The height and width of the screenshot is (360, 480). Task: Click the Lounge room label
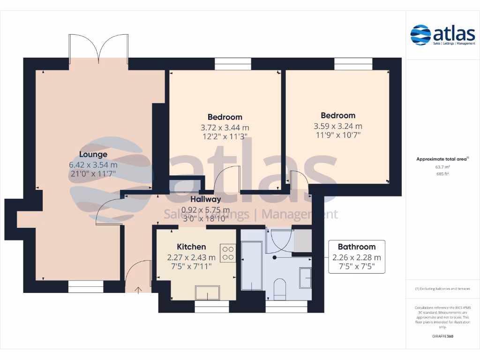[93, 154]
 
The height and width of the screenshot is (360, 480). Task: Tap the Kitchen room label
[191, 247]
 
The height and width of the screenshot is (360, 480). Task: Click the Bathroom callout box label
[357, 247]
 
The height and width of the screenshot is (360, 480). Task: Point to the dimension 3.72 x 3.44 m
[225, 127]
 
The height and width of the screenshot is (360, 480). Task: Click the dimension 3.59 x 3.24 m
[337, 126]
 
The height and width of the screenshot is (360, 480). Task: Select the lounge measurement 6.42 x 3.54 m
[93, 165]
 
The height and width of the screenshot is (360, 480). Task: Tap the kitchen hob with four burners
[228, 253]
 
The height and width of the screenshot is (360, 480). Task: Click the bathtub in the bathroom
[251, 265]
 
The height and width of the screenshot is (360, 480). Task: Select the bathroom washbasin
[305, 278]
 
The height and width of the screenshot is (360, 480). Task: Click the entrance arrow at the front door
[138, 290]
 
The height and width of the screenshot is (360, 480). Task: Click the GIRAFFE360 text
[442, 337]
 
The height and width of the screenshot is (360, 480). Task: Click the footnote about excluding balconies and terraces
[442, 289]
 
